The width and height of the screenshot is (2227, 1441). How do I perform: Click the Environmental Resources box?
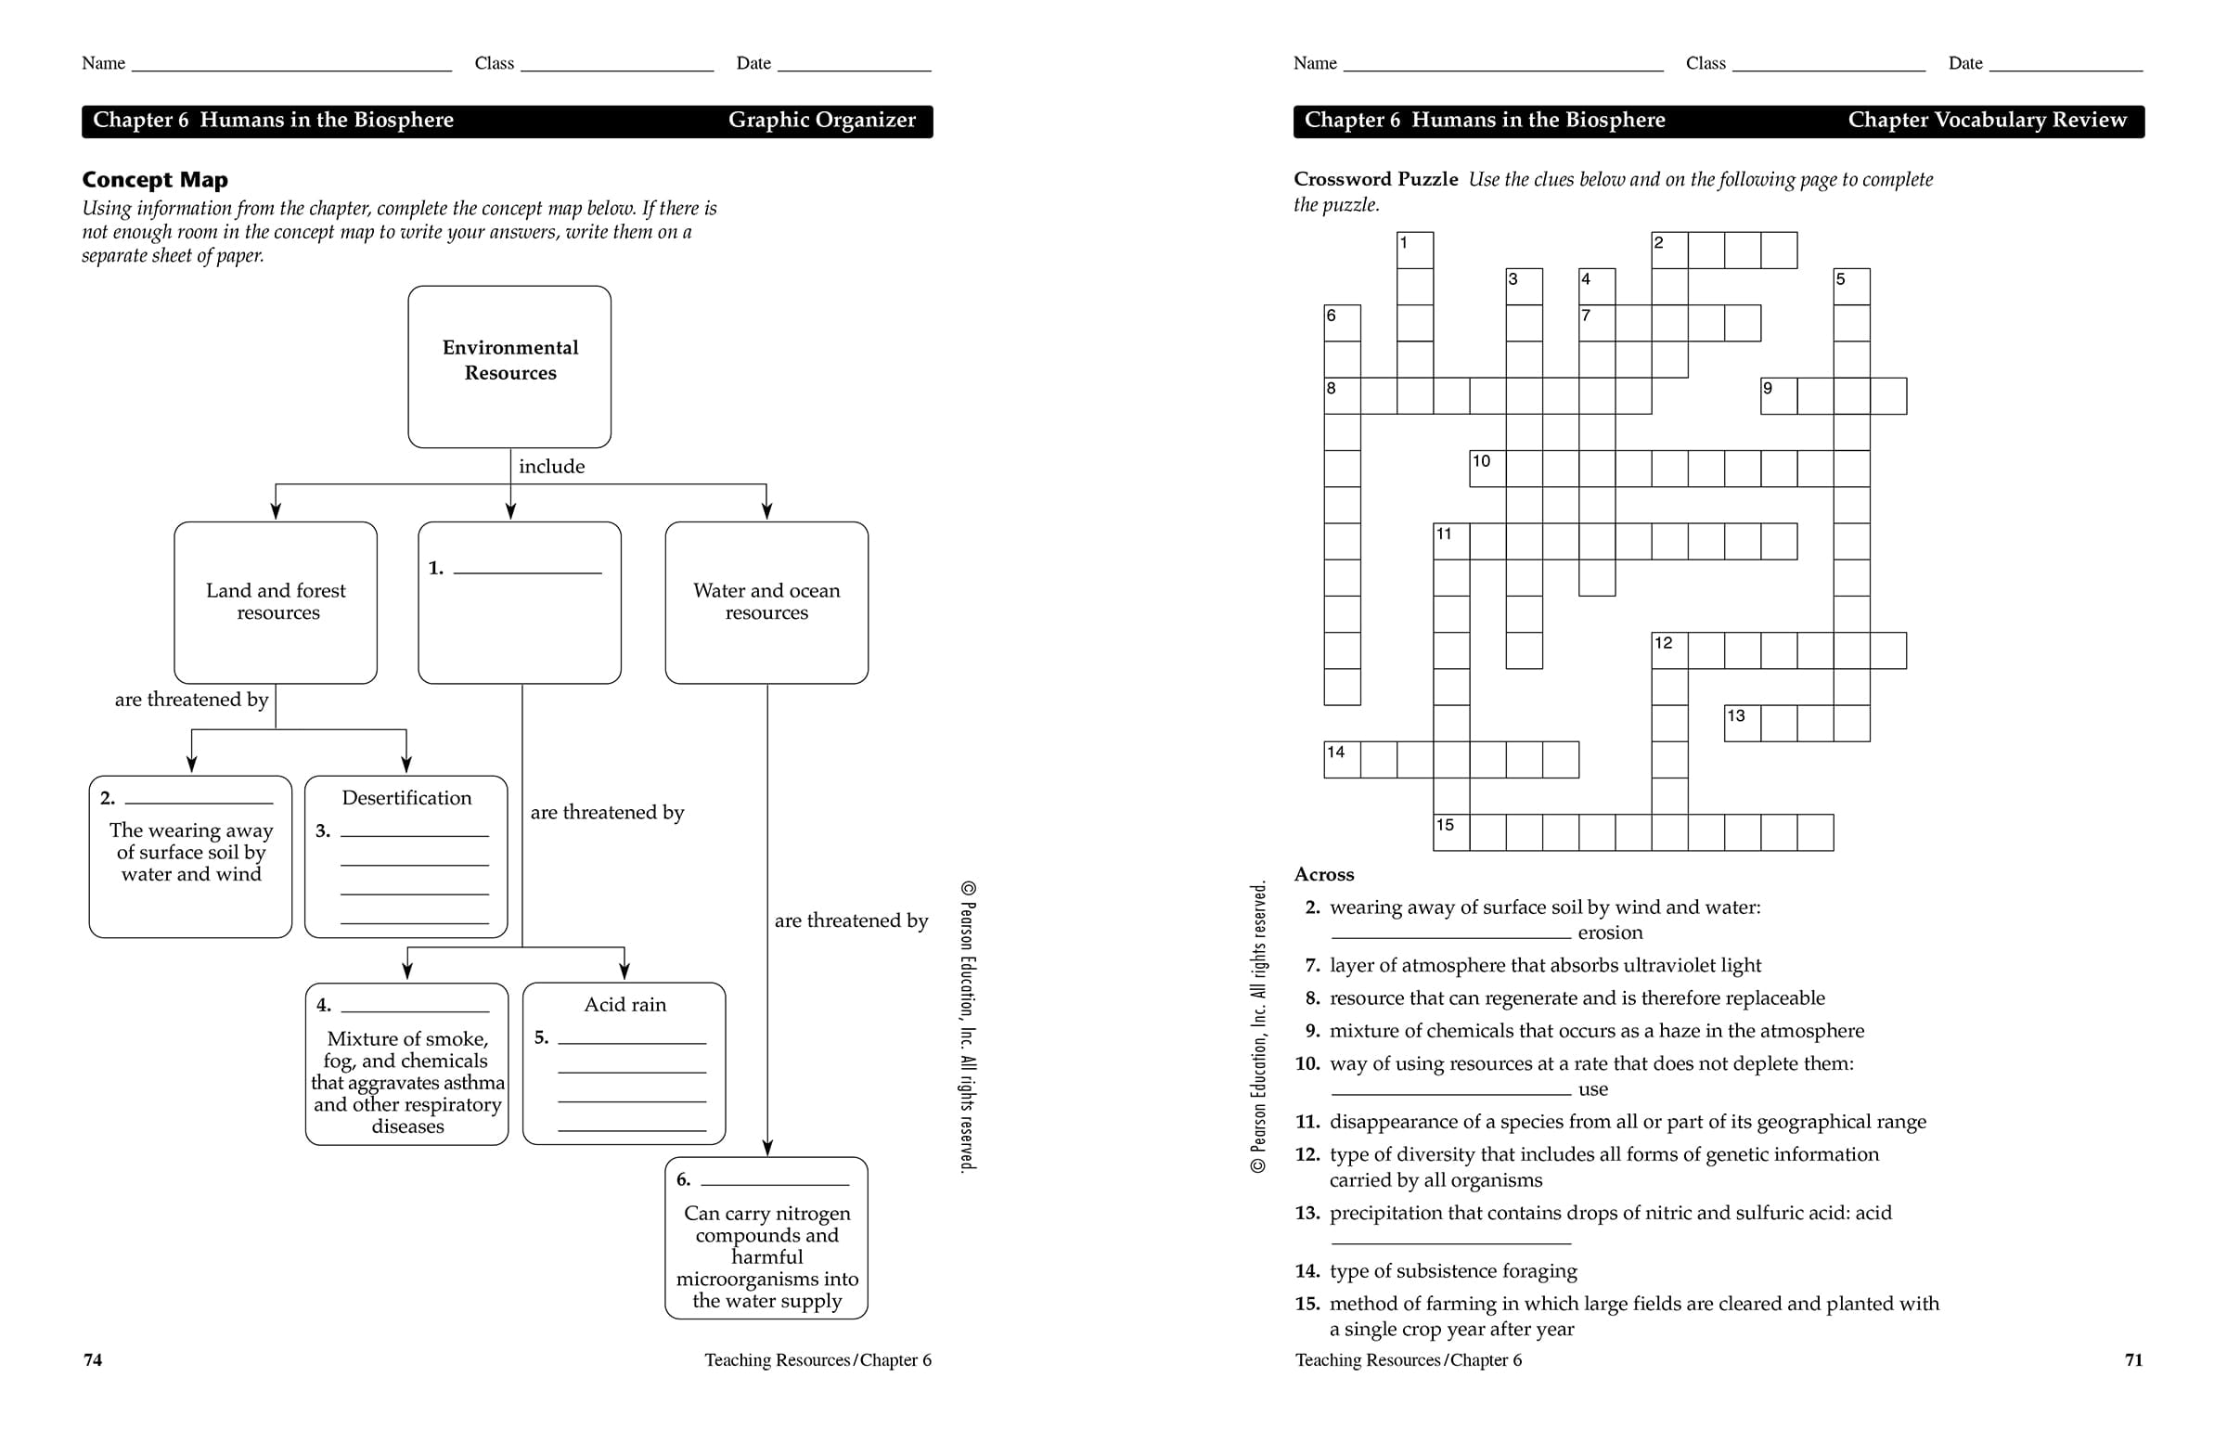[510, 366]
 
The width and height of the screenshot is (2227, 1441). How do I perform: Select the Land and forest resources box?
[276, 601]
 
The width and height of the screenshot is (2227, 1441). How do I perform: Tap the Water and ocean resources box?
[766, 601]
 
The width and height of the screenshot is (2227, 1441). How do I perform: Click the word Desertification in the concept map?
[406, 798]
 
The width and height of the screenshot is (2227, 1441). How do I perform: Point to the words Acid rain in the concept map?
[625, 1005]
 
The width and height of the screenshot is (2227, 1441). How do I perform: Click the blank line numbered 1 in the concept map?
[527, 567]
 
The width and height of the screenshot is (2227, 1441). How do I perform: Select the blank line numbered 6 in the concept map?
[775, 1179]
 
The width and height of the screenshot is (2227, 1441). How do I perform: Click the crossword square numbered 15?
[1451, 833]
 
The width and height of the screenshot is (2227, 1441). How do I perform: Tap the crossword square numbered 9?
[1779, 396]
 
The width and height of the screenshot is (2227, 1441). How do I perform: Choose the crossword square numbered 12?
[1669, 650]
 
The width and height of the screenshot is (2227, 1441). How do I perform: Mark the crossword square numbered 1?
[1415, 250]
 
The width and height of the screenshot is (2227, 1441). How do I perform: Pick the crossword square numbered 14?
[1342, 760]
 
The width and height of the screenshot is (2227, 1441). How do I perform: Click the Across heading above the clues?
[1324, 875]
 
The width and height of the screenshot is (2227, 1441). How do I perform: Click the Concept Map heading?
[154, 180]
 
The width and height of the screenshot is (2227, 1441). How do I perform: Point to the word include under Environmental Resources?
[551, 467]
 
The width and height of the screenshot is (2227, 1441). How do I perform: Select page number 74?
[93, 1359]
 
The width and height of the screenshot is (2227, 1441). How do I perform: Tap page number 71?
[2133, 1359]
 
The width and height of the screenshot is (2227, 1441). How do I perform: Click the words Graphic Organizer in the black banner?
[821, 121]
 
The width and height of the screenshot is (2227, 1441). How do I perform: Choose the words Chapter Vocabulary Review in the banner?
[1987, 121]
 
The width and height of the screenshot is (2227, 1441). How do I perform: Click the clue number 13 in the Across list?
[1307, 1214]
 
